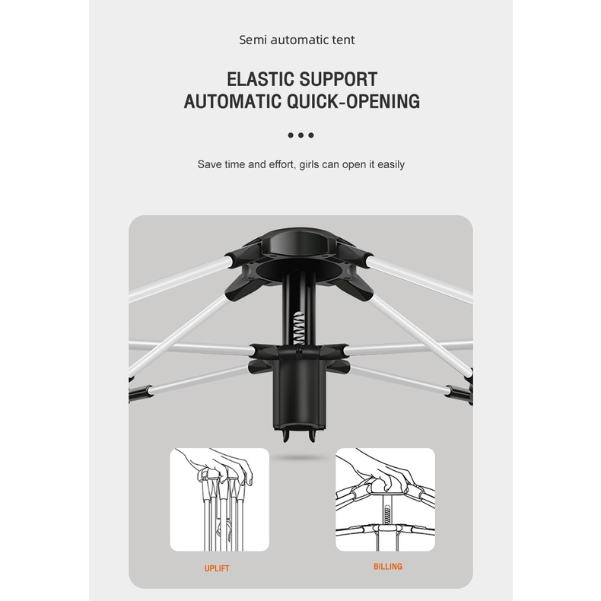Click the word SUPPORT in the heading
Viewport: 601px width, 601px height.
tap(339, 79)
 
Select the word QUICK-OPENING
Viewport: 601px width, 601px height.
tap(354, 102)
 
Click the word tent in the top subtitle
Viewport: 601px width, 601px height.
tap(343, 40)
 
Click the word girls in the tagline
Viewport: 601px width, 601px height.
tap(309, 164)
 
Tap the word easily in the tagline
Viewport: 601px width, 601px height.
tap(391, 164)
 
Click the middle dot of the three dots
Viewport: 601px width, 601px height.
tap(301, 135)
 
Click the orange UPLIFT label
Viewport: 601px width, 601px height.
tap(217, 568)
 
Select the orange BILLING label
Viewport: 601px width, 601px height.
tap(388, 567)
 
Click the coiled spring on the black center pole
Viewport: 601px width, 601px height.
tap(297, 328)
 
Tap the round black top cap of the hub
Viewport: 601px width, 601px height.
tap(302, 242)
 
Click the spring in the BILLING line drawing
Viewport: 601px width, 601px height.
tap(387, 516)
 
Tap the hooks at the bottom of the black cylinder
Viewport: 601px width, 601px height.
tap(299, 435)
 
